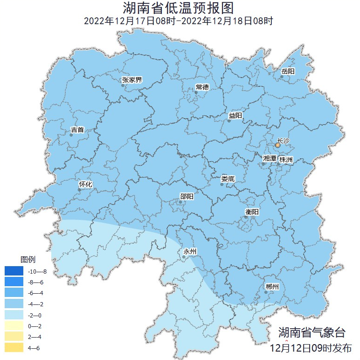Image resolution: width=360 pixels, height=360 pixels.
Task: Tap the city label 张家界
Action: (132, 80)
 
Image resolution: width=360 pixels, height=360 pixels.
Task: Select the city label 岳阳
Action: (288, 71)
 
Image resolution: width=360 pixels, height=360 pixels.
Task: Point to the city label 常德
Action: (202, 87)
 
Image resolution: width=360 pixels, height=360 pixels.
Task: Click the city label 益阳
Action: (235, 115)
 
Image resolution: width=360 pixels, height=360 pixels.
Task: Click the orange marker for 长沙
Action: (278, 146)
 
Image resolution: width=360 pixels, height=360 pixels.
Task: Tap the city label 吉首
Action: (77, 129)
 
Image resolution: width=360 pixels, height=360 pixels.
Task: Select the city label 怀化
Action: (86, 184)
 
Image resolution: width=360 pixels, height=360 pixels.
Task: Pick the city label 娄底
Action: (228, 178)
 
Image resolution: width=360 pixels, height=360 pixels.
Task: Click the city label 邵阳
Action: (187, 197)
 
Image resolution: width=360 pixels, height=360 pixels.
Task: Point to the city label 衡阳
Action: (252, 212)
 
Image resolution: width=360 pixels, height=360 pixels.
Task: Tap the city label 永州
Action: (190, 252)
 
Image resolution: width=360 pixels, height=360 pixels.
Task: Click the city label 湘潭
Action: (270, 158)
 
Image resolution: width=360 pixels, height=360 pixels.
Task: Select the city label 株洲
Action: (286, 160)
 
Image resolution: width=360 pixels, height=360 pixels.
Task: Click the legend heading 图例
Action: (28, 259)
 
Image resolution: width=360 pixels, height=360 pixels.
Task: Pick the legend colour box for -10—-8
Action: (14, 271)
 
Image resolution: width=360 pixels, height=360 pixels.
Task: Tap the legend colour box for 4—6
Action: (14, 348)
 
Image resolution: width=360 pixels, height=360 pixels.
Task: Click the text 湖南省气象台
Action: (312, 332)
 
